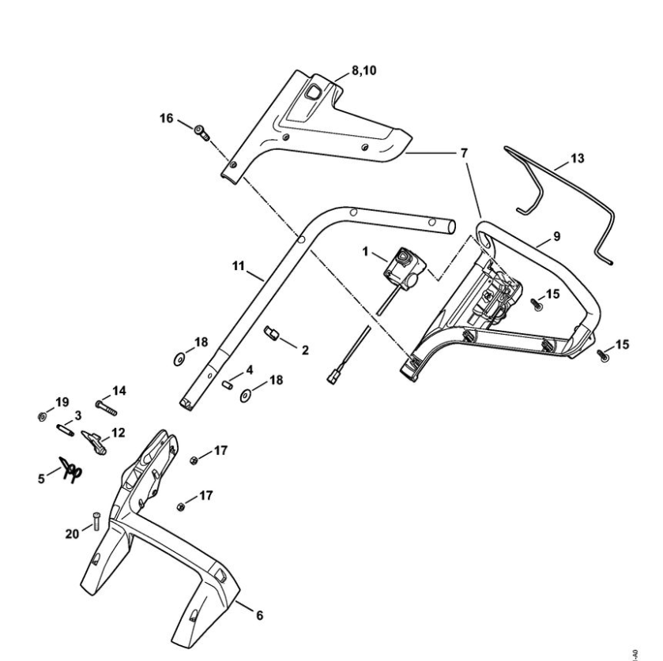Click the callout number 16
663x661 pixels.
tap(166, 118)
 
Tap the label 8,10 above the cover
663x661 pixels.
tap(365, 70)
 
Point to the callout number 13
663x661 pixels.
tap(577, 158)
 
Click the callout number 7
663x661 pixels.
tap(464, 151)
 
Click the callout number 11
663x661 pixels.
tap(238, 267)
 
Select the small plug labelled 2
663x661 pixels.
tap(272, 336)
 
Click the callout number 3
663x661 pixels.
tap(77, 415)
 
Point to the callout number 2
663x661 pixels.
tap(305, 349)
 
